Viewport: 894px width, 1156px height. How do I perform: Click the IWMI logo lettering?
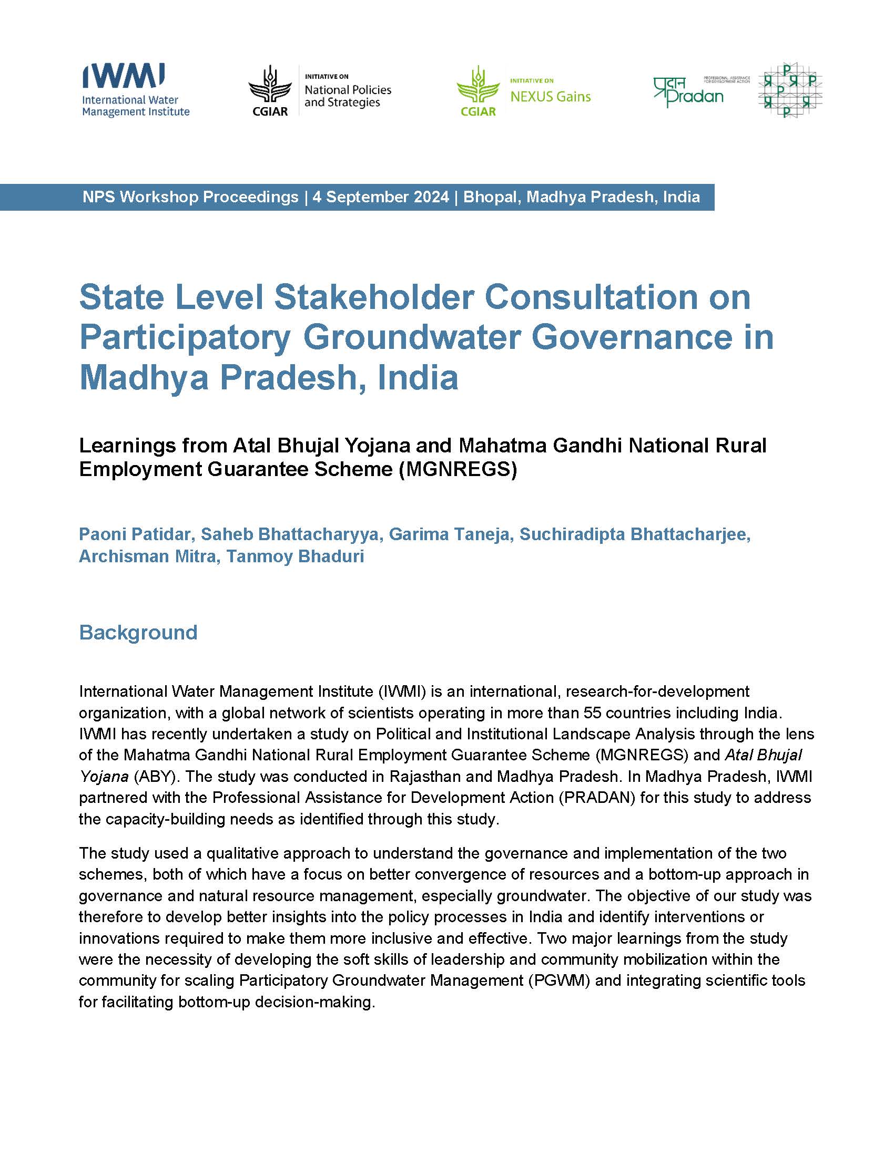click(124, 75)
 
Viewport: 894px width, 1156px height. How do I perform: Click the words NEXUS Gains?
click(550, 96)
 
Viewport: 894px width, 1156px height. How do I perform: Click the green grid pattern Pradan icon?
click(790, 90)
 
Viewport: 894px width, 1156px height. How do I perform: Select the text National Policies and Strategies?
click(348, 96)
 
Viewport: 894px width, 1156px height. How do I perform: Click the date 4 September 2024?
click(380, 198)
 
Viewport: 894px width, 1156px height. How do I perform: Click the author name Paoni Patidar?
click(135, 534)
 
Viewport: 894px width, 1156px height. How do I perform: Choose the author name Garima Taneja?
click(449, 534)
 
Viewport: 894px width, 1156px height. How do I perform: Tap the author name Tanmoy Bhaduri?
click(295, 556)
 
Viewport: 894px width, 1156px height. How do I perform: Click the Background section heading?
click(138, 633)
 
